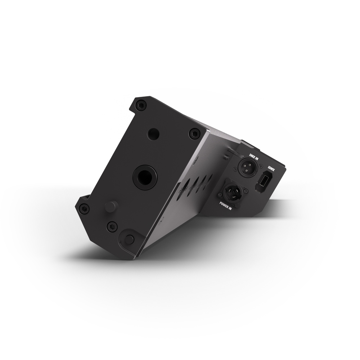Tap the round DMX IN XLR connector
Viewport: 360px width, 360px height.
247,167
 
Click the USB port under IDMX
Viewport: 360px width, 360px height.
263,180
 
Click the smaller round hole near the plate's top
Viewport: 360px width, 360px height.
153,133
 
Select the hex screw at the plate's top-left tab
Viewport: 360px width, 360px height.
141,105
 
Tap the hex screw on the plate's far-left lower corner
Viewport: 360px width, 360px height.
84,208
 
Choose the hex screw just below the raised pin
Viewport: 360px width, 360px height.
112,227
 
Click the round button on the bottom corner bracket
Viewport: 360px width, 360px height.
129,239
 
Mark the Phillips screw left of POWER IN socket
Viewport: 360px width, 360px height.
220,195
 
